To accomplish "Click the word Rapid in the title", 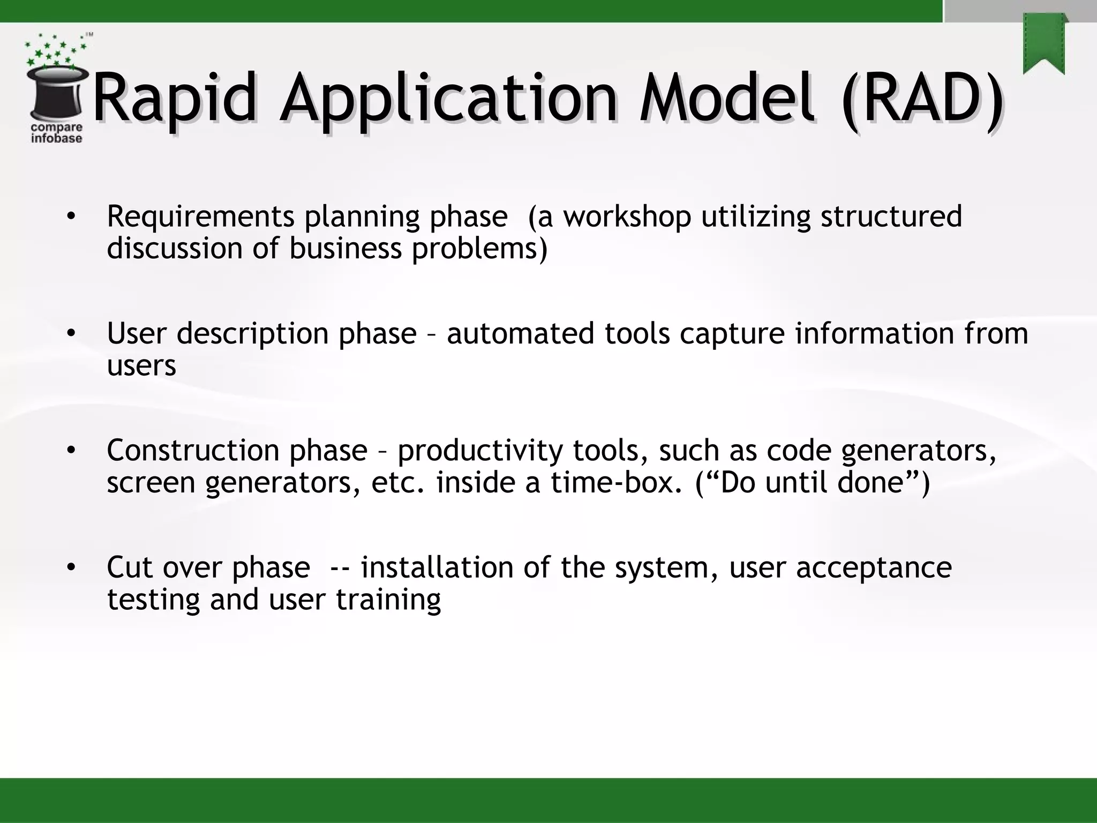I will click(174, 99).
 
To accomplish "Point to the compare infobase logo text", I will click(57, 133).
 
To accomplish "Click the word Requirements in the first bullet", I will click(200, 216).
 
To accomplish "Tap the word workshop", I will click(627, 216).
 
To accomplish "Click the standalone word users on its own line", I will click(141, 366).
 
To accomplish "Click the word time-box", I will click(616, 482).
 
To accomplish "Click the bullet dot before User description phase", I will click(71, 334).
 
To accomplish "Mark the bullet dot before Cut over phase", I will click(71, 567).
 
